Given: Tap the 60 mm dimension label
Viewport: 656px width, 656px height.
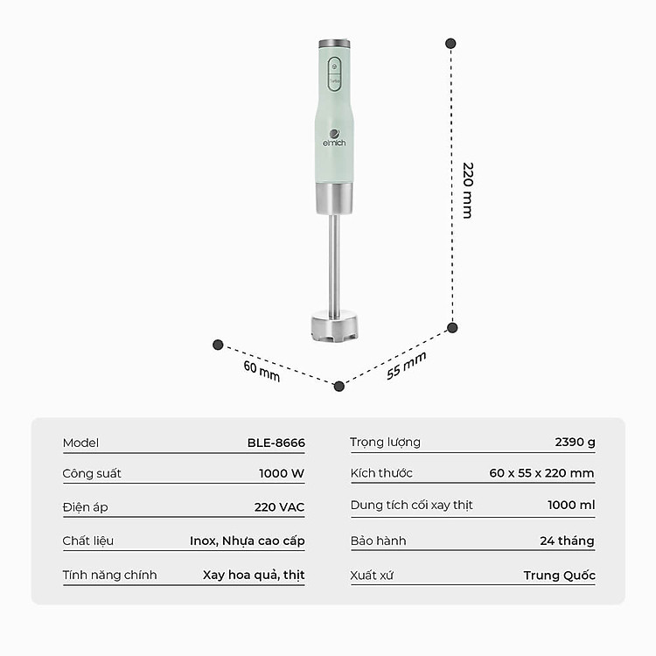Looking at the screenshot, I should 262,370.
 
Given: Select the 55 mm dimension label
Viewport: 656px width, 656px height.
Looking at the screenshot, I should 407,366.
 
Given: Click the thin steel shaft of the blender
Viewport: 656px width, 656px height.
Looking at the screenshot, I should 334,262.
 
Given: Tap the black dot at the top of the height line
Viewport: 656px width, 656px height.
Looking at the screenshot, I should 450,43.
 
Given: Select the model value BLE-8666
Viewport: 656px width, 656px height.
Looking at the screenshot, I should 276,443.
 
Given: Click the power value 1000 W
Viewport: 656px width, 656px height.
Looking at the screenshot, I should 282,473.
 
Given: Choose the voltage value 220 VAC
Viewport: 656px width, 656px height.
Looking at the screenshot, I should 279,507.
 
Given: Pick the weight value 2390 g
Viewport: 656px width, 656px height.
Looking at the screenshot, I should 575,442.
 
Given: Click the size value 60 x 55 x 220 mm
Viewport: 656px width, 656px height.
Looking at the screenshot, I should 541,473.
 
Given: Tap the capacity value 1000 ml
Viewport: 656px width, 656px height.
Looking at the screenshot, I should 571,506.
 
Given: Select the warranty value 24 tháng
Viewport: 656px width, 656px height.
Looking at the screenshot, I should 567,541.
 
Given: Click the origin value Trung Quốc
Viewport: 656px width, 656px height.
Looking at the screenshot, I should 559,575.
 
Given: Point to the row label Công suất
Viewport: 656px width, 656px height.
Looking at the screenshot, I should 92,473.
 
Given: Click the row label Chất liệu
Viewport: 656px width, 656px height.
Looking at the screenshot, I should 88,541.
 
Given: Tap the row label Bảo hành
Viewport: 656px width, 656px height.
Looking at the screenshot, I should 378,541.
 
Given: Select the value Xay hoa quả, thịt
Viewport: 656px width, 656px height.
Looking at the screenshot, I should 254,575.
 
